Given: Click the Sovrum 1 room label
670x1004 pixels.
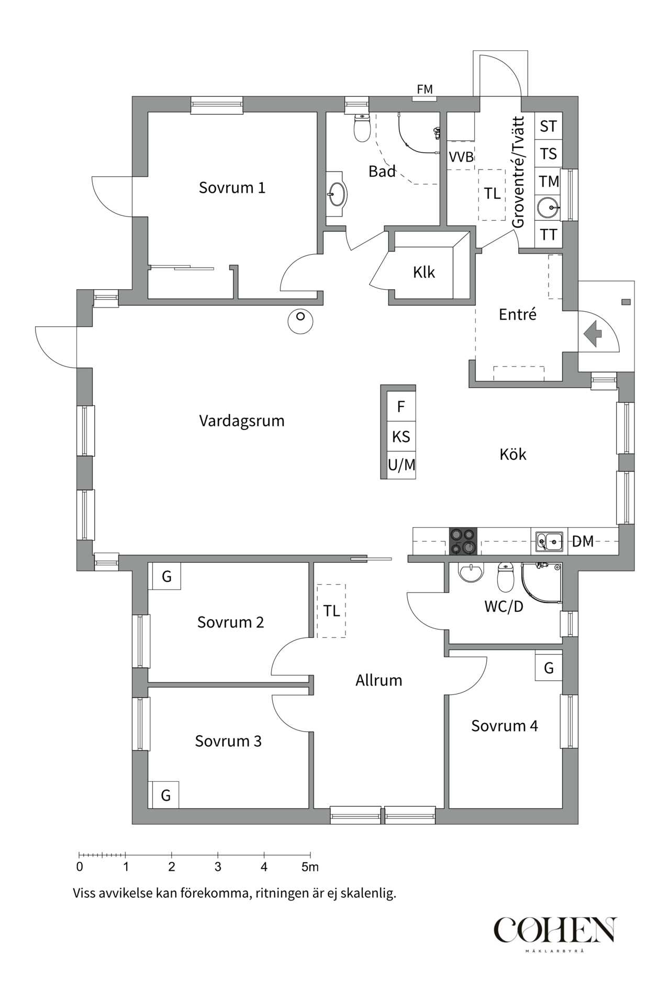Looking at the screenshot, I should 232,188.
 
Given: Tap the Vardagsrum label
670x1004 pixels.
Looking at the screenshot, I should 241,420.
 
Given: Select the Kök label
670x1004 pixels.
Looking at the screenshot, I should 512,454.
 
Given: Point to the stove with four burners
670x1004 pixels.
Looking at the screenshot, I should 463,541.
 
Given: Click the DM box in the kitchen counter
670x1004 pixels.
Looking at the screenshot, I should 583,541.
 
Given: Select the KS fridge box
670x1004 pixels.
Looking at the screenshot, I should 401,437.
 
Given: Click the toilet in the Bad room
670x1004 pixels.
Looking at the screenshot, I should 362,128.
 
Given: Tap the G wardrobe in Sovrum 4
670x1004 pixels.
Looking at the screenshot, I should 549,668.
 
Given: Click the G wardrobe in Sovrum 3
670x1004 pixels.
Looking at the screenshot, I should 165,795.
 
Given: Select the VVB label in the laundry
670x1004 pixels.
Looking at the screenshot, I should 461,157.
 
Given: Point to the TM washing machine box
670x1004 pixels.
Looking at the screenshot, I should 549,181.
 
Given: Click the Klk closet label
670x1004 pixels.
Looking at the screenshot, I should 423,272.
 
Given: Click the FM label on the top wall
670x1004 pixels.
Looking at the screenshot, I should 425,89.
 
